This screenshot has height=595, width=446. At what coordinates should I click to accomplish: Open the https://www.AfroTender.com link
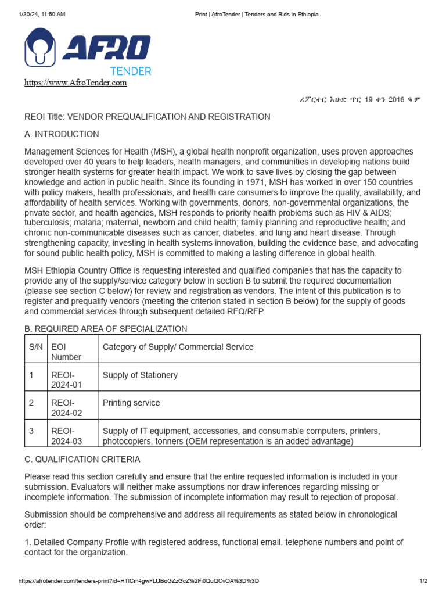[75, 83]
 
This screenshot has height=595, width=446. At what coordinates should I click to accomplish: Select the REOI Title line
[147, 117]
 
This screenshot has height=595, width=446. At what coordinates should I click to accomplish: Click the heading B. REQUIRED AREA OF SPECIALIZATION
[106, 329]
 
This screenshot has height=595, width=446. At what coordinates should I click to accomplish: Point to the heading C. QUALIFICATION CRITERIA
[82, 459]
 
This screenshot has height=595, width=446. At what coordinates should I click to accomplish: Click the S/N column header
[36, 347]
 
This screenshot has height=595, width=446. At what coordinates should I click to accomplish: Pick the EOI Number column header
[66, 352]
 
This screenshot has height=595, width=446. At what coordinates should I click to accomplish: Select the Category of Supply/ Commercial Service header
[178, 347]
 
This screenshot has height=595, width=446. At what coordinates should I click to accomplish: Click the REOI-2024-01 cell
[66, 380]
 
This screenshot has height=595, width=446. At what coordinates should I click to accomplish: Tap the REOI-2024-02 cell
[66, 408]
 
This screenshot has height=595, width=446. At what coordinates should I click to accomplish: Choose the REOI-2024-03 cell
[66, 436]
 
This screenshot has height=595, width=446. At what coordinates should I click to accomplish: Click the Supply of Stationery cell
[140, 375]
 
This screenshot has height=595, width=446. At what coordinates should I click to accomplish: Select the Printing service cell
[131, 403]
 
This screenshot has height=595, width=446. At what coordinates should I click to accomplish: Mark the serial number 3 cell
[32, 431]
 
